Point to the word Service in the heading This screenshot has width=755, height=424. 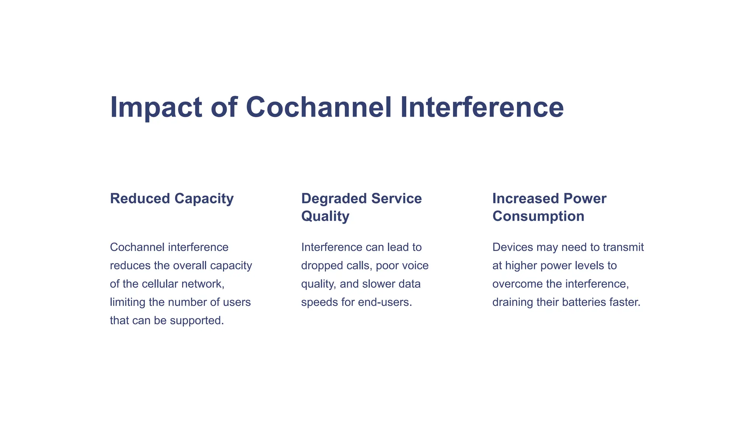click(396, 199)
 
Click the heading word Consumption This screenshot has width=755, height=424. click(538, 216)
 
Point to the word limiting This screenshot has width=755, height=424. click(128, 303)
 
